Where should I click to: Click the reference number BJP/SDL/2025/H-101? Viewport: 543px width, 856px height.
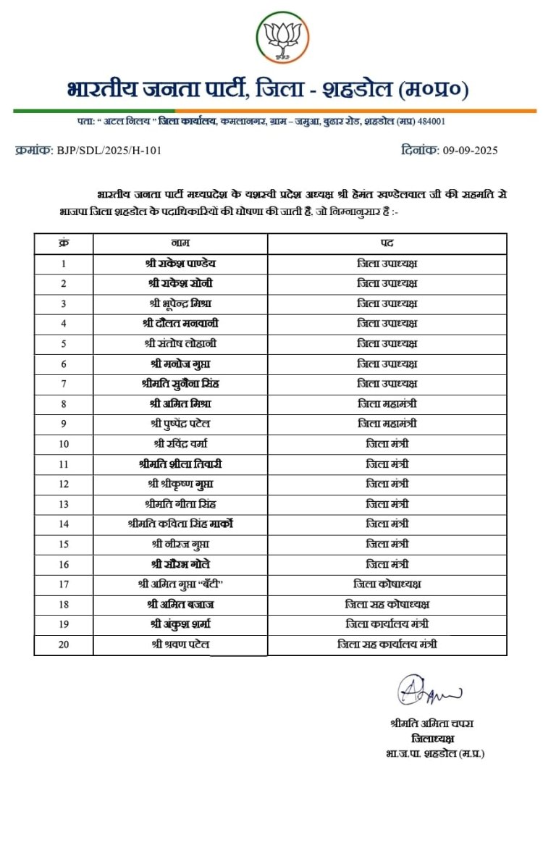pyautogui.click(x=109, y=151)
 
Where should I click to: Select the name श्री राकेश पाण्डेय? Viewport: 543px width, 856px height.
pyautogui.click(x=180, y=263)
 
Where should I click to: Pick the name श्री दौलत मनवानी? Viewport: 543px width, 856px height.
pyautogui.click(x=180, y=323)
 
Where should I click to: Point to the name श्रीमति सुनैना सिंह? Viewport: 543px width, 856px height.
pyautogui.click(x=180, y=383)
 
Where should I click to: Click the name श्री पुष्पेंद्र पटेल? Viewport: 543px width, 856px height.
pyautogui.click(x=180, y=424)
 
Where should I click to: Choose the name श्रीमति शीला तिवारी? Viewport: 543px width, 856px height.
pyautogui.click(x=180, y=463)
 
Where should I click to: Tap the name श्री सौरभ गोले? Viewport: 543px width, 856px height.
pyautogui.click(x=180, y=563)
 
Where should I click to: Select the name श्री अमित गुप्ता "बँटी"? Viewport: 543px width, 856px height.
pyautogui.click(x=180, y=584)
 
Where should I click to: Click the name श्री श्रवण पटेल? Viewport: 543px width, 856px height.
pyautogui.click(x=180, y=644)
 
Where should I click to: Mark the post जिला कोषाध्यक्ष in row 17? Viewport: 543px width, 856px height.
pyautogui.click(x=387, y=584)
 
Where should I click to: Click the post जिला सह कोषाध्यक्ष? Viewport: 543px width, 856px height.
pyautogui.click(x=387, y=603)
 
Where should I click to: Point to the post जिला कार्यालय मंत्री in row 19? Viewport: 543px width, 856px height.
pyautogui.click(x=387, y=624)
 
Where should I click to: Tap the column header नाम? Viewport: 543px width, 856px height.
pyautogui.click(x=180, y=243)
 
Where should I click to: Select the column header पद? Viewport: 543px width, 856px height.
pyautogui.click(x=387, y=243)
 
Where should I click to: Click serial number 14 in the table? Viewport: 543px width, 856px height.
pyautogui.click(x=64, y=524)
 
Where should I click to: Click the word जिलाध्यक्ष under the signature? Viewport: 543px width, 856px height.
pyautogui.click(x=432, y=738)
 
